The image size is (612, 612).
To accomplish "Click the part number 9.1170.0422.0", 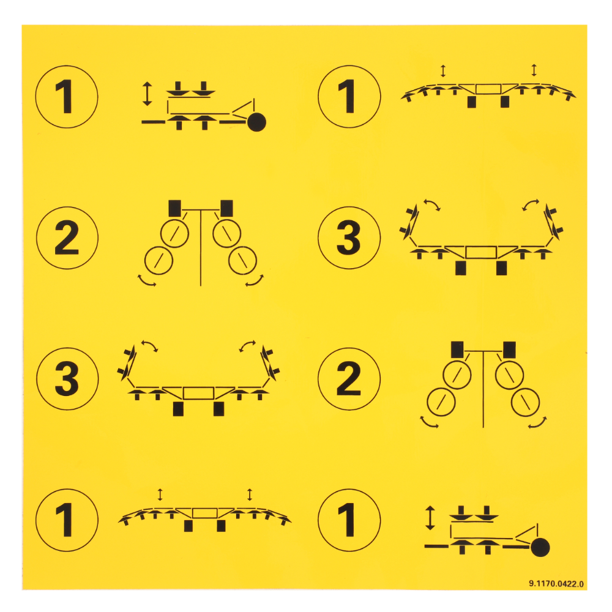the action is click(556, 583).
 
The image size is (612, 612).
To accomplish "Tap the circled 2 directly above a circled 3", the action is click(67, 237).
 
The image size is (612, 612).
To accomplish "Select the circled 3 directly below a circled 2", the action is click(67, 379).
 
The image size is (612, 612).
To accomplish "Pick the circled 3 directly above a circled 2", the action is click(349, 237).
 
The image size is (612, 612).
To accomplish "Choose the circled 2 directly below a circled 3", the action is click(349, 379).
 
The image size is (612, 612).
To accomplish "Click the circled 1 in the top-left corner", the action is click(67, 97).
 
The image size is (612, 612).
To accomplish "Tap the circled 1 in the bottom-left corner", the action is click(67, 520).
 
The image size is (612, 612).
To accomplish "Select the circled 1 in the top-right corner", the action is click(349, 97).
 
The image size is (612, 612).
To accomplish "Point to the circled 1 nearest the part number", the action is click(349, 520).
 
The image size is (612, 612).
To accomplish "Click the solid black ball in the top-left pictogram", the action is click(257, 122).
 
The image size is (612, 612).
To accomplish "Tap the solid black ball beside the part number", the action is click(540, 547).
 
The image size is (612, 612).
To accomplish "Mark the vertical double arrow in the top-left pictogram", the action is click(147, 94).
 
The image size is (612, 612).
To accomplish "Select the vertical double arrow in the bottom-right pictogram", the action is click(430, 518).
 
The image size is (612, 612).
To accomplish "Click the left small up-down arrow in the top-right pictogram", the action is click(443, 71).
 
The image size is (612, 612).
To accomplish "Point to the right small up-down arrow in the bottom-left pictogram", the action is click(250, 494).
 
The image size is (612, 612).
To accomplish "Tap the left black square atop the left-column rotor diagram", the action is click(174, 209).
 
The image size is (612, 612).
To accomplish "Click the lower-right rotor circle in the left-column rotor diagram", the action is click(242, 260).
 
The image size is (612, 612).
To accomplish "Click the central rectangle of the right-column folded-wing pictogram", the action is click(481, 252).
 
